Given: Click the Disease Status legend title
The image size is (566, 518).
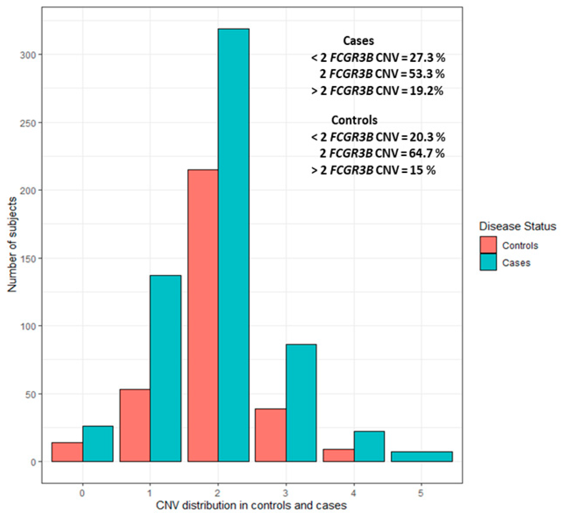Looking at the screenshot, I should pos(517,226).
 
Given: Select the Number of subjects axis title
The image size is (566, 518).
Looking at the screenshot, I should pos(12,244).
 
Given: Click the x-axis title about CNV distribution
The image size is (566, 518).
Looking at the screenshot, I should pos(251,505).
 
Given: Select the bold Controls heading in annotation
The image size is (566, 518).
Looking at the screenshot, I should pos(354,120).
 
